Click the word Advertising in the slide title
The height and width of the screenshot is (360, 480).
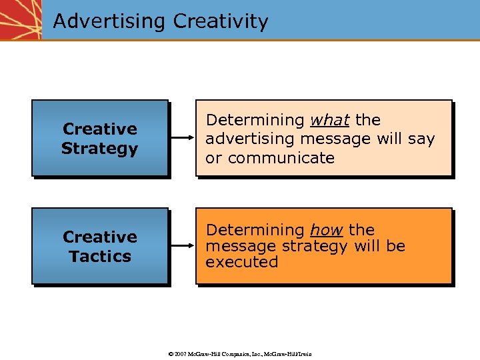(109, 21)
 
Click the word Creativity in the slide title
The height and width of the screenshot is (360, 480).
(221, 21)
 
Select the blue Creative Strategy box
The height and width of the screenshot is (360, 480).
(99, 138)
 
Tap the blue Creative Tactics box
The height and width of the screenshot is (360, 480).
(99, 246)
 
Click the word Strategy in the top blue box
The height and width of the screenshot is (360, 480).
(99, 148)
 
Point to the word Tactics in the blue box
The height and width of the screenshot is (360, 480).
(99, 256)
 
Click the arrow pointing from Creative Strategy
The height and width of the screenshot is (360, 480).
(181, 138)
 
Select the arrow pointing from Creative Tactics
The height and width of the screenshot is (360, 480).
(181, 246)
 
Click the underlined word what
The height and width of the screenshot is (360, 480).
(329, 120)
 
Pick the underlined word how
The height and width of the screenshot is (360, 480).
(326, 230)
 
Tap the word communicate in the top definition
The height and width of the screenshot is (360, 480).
(280, 158)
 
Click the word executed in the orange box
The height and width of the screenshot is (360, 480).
(241, 262)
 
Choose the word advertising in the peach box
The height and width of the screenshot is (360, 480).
(251, 139)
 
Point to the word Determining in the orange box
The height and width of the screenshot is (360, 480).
(255, 230)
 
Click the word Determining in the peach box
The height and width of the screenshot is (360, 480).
(255, 120)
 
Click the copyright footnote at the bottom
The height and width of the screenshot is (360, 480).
(239, 353)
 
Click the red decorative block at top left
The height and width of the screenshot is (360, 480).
(20, 20)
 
